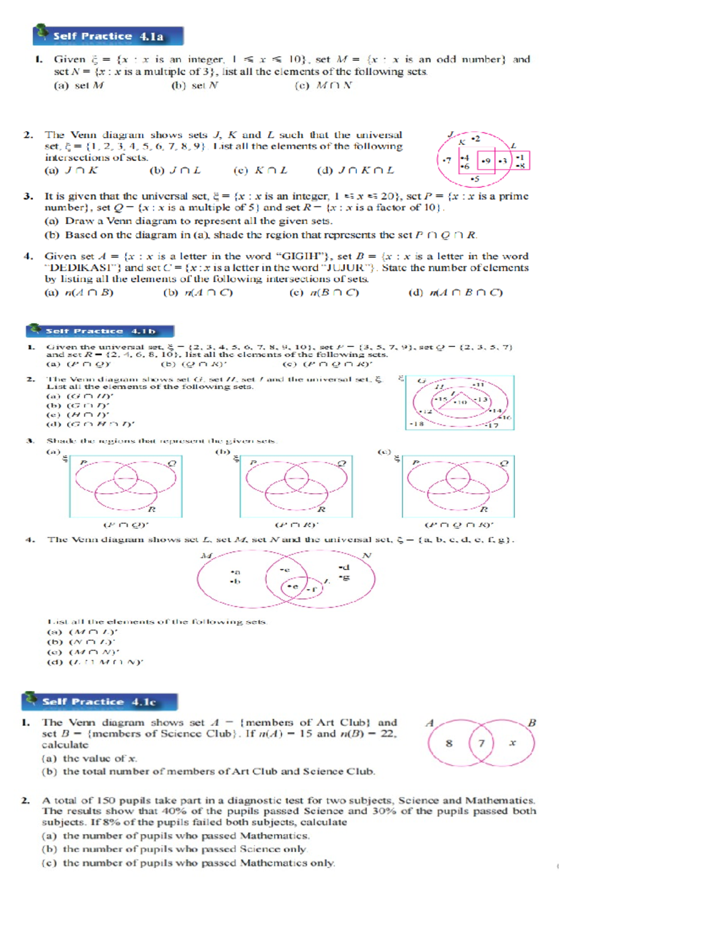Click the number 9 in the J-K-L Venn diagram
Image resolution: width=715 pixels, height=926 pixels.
[487, 161]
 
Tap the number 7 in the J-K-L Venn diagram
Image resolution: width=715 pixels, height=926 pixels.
[447, 160]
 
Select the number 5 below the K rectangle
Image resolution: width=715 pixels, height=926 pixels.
[475, 179]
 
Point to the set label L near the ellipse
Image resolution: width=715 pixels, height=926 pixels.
[513, 145]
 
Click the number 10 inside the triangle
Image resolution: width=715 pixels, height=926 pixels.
[461, 402]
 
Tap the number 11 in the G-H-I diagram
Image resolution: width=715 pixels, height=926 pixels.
[478, 385]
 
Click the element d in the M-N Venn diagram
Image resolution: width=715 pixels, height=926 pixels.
[344, 567]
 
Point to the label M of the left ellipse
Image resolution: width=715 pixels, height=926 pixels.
[206, 556]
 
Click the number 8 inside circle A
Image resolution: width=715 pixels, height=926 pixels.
[449, 743]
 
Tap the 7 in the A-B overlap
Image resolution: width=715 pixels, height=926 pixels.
[481, 743]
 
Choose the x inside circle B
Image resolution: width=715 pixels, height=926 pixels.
[512, 743]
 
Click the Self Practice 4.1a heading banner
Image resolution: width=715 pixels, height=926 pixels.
[108, 36]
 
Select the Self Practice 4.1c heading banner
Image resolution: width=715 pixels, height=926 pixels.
[100, 702]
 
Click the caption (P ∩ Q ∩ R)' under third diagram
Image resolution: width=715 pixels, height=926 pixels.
[458, 525]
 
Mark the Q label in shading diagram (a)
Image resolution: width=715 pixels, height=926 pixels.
[172, 463]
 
